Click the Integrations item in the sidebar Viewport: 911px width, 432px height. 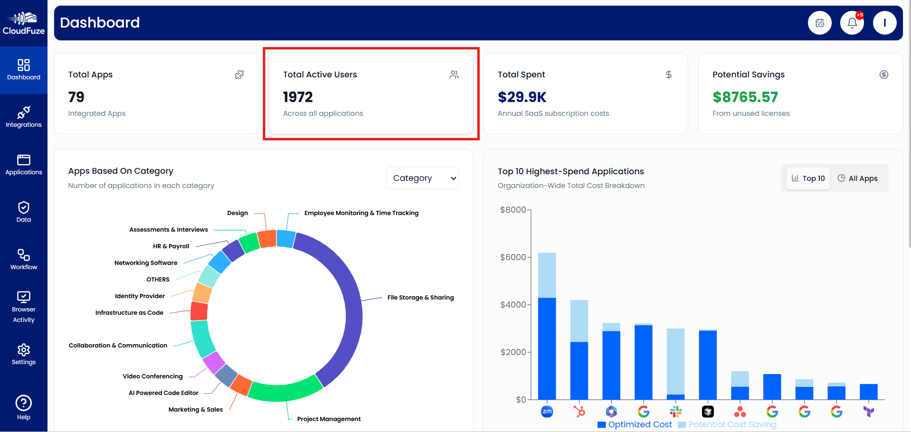pos(23,117)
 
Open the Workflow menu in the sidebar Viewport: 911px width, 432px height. pos(23,260)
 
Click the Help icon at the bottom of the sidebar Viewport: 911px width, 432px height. pos(23,407)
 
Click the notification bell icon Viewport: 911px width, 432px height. pos(852,23)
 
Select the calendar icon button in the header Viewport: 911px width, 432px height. pos(820,23)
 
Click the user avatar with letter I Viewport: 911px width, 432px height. pos(884,23)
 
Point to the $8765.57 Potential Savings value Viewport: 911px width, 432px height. pos(745,97)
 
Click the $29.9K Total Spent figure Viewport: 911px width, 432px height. pos(522,97)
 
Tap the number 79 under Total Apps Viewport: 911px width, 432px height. pos(76,97)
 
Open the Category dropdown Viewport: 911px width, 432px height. pos(422,178)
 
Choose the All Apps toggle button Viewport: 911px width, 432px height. pos(858,178)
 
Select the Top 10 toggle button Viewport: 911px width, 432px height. pos(808,178)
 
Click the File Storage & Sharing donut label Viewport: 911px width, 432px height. pos(420,298)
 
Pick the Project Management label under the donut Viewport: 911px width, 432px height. pos(329,419)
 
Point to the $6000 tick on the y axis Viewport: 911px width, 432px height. pos(513,257)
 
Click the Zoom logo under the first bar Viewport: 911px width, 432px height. pos(547,412)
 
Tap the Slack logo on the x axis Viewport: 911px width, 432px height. pos(675,412)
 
